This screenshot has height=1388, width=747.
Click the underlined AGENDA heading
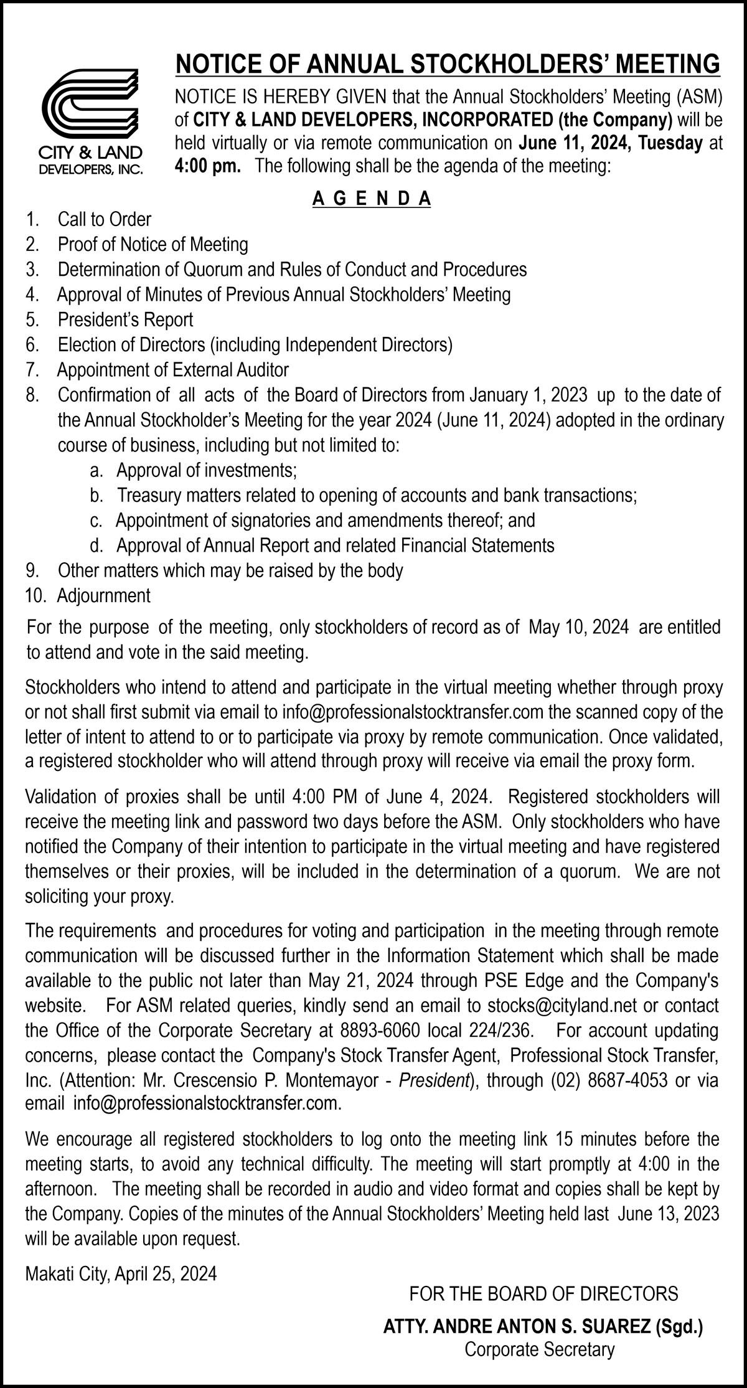pos(372,199)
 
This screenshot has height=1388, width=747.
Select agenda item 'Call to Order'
pos(104,219)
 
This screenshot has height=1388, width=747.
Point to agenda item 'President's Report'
pos(125,319)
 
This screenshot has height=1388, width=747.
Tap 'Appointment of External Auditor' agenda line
pos(173,370)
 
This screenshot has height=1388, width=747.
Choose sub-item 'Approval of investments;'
pos(207,470)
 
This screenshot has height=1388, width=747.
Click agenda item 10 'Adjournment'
pos(103,595)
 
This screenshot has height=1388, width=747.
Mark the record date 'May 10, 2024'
pos(578,626)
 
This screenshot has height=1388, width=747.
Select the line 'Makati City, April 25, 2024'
pos(121,1273)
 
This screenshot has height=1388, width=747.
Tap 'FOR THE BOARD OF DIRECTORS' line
pos(543,1294)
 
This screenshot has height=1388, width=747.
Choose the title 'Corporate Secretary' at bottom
pos(540,1349)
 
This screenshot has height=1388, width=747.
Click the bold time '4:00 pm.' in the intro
pos(208,167)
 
